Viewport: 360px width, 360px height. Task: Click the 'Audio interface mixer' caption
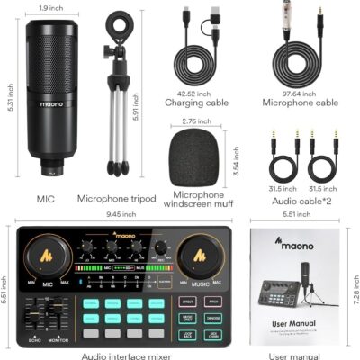127,356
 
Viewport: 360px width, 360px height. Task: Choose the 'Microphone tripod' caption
116,198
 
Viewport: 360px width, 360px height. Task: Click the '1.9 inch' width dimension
50,7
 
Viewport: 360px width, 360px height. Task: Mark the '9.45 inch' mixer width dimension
121,214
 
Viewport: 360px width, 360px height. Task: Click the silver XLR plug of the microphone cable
292,20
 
